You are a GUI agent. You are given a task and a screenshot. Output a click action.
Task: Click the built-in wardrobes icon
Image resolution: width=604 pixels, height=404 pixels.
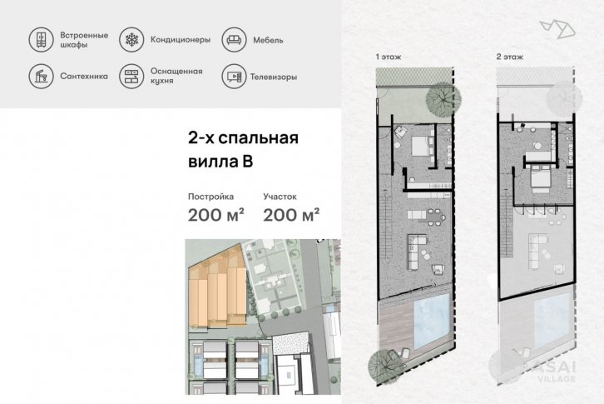tap(41, 40)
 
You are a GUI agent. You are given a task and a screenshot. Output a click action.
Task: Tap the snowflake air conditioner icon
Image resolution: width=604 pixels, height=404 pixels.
tap(131, 40)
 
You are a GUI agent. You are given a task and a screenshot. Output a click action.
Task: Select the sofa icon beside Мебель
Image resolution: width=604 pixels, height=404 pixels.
tap(234, 40)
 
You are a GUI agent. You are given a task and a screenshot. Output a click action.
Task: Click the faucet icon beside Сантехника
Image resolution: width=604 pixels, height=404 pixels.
tap(41, 77)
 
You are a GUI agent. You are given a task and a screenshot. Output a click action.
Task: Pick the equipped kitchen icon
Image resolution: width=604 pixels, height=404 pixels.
tap(131, 77)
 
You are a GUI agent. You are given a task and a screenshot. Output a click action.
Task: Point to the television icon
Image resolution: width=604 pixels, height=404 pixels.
tap(234, 77)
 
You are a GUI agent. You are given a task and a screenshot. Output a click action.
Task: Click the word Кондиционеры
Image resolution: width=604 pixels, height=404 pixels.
tap(181, 40)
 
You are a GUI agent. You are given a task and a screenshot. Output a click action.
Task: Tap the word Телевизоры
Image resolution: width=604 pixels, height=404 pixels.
tap(274, 77)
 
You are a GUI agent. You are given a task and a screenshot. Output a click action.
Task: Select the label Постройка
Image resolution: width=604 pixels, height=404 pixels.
tap(210, 197)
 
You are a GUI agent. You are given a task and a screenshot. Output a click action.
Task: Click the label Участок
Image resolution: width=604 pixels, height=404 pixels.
tap(280, 197)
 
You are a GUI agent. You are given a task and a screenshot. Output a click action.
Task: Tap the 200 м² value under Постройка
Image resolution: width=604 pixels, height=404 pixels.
tap(215, 215)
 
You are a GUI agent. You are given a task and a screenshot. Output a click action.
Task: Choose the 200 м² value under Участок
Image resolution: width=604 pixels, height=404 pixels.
tap(291, 215)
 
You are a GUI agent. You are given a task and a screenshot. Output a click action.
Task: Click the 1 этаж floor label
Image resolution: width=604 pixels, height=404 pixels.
tap(389, 57)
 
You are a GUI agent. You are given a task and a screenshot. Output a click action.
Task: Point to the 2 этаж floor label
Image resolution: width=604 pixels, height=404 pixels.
tap(510, 57)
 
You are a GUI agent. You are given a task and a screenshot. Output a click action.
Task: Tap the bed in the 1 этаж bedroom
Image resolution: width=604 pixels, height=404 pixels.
tap(422, 146)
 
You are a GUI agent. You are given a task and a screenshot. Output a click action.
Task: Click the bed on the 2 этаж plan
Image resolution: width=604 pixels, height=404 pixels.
tap(540, 177)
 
